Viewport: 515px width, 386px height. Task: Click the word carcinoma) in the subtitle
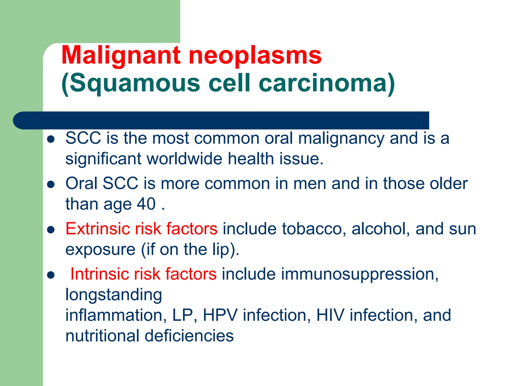pos(327,83)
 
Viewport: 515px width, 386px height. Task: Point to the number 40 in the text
pos(146,204)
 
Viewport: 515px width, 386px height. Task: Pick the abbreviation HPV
pos(220,315)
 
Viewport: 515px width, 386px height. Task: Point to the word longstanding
pos(114,295)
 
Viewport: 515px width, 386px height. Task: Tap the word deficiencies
pos(189,336)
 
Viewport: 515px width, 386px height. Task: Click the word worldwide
pos(185,159)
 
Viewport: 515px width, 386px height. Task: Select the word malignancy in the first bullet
pos(341,138)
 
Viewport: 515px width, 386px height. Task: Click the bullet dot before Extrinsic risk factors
pos(51,230)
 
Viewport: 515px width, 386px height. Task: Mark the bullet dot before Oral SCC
pos(51,184)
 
